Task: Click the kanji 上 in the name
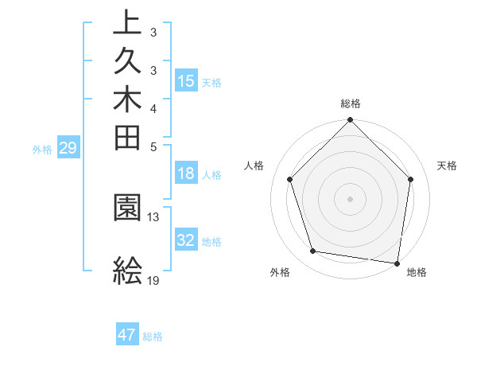pos(128,22)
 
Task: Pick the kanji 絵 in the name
pos(128,271)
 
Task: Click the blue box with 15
pos(185,80)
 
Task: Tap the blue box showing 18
pos(185,174)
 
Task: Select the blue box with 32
pos(185,240)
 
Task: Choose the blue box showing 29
pos(68,147)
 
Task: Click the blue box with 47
pos(127,335)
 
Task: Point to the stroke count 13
pos(153,216)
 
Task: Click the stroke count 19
pos(153,281)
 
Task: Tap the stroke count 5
pos(153,146)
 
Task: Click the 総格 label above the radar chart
pos(351,103)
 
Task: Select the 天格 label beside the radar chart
pos(448,166)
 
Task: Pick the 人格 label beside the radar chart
pos(254,166)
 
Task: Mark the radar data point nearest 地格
pos(397,263)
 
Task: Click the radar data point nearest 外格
pos(313,251)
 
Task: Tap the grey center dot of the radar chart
pos(351,198)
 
